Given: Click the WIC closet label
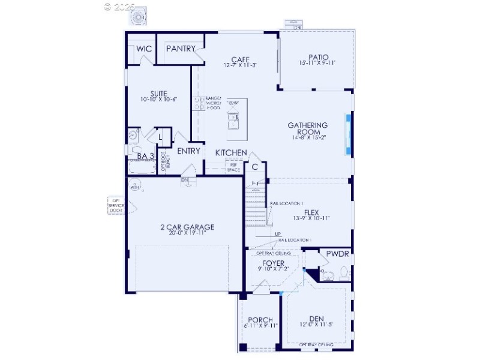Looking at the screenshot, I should (143, 49).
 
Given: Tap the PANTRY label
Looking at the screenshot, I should (181, 49).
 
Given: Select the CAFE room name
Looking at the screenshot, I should (240, 59).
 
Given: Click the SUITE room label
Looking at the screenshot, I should (158, 94).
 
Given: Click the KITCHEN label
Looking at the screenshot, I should (231, 152).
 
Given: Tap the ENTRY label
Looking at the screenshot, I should (188, 151).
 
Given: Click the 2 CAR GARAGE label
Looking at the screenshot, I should (187, 227).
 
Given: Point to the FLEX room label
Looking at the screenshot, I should (311, 212).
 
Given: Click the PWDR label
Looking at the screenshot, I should (337, 254).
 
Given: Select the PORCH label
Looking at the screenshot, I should (260, 320).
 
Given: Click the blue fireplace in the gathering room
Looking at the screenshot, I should (347, 134).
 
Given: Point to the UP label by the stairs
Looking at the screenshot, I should (277, 234).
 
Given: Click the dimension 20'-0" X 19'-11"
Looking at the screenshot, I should (187, 234).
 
